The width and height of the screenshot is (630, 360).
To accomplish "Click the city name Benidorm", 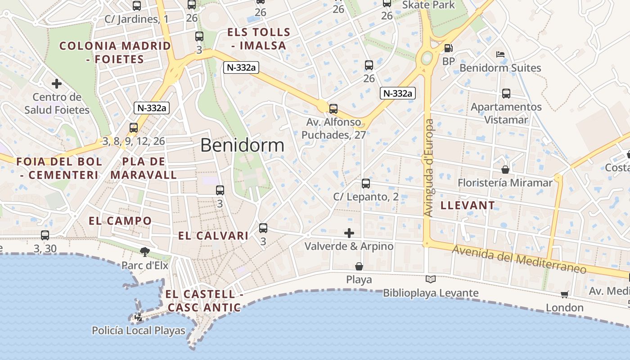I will point(242,145).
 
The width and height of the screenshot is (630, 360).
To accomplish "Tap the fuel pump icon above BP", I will point(448,48).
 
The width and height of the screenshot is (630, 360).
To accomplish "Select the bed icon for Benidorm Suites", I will point(500,54).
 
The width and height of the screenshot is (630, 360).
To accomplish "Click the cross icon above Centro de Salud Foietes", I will point(57,84).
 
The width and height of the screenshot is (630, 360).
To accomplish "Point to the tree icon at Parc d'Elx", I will point(144,252).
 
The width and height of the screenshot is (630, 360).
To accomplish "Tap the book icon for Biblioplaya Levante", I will point(431,279).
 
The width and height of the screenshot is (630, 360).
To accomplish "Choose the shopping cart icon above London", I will point(564,294).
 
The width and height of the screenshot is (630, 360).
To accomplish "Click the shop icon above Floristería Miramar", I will point(505,169).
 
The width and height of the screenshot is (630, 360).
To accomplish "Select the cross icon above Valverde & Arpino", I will point(349,233).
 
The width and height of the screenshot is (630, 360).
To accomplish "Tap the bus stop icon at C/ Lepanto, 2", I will point(366,184).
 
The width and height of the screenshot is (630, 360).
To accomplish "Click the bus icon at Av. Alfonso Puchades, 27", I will point(333,108).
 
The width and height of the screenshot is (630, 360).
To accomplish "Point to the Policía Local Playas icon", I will point(139,317).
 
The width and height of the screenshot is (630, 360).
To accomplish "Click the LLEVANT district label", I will point(468,206).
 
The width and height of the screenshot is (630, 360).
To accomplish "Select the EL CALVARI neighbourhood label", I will point(213,236).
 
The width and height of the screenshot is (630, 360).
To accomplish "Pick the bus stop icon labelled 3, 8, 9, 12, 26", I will point(134,128).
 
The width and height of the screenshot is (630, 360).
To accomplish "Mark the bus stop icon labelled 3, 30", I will point(45,235).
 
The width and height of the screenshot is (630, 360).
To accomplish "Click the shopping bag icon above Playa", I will point(359,266).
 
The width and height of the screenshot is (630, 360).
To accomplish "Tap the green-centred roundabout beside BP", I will point(427,58).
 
